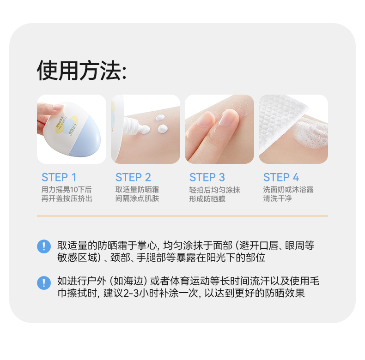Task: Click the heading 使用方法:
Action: (x=82, y=71)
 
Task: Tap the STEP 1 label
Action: (x=59, y=177)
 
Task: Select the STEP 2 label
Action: (x=133, y=177)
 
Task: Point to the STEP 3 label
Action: (x=207, y=177)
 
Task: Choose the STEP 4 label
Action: (x=281, y=177)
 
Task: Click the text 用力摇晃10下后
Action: (x=67, y=190)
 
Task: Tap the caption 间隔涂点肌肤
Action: (x=137, y=198)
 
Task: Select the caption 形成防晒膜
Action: (x=207, y=199)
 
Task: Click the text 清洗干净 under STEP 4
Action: (x=278, y=198)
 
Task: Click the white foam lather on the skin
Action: (x=310, y=133)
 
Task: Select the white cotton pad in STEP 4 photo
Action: (x=280, y=121)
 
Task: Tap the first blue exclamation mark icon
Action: (x=44, y=246)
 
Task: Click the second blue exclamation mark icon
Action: (x=44, y=283)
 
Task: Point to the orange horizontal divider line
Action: (x=182, y=216)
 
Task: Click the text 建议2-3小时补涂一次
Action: (x=151, y=293)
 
